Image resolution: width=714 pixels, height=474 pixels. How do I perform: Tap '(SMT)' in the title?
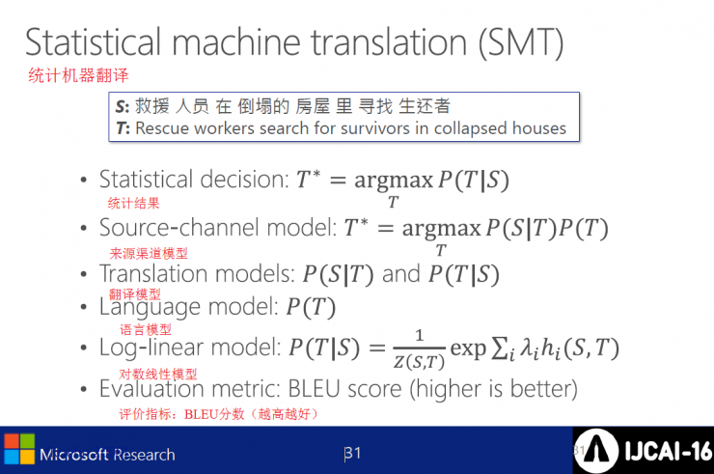click(521, 43)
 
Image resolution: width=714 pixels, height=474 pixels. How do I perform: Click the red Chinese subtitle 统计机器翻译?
click(78, 75)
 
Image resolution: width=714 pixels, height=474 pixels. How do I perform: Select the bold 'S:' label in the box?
click(122, 106)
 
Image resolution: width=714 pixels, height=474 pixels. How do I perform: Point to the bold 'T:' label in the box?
click(123, 128)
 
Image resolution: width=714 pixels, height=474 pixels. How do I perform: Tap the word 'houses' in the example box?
click(539, 128)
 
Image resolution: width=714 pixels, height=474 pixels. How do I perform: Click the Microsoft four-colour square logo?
click(19, 449)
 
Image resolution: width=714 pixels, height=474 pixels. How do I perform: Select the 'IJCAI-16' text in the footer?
click(669, 451)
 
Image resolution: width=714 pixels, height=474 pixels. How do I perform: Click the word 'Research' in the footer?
click(144, 455)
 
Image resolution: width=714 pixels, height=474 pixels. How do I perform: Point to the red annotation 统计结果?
click(133, 203)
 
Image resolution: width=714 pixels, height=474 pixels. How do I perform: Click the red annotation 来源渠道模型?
click(149, 253)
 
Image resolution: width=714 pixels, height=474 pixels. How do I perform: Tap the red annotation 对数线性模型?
click(158, 375)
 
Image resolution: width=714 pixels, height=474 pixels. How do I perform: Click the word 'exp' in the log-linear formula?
click(468, 349)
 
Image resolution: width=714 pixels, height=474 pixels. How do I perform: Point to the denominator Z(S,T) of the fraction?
click(419, 362)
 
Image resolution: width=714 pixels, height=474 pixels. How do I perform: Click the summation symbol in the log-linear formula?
click(500, 349)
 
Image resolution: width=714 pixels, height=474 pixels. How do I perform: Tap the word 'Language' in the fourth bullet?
click(150, 307)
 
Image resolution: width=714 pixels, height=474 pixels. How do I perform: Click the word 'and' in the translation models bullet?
click(401, 274)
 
